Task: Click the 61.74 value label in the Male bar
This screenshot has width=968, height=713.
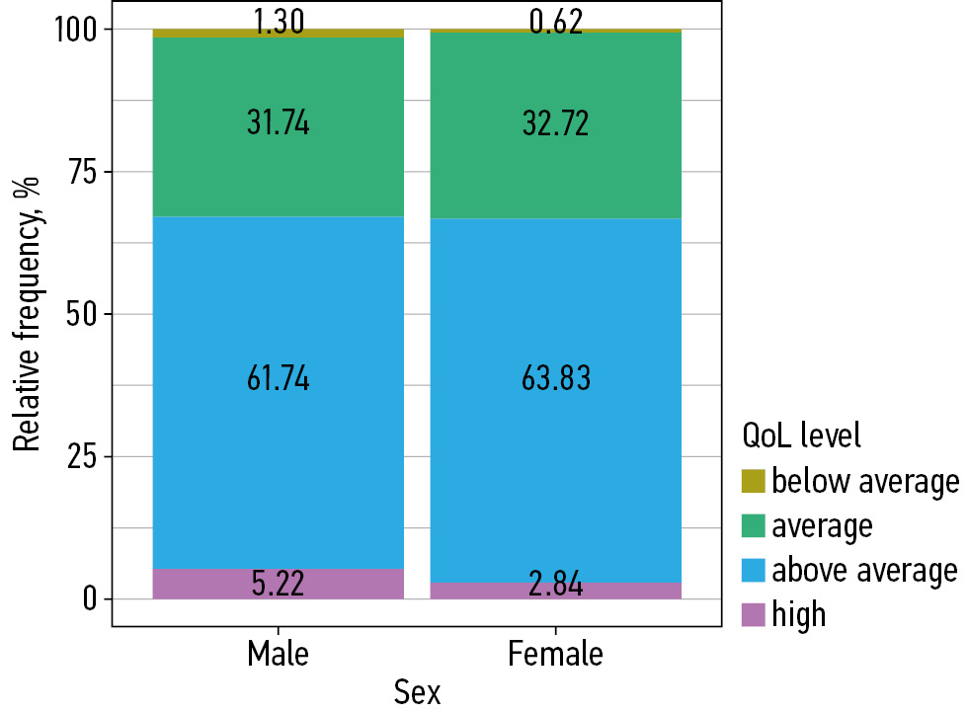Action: point(279,378)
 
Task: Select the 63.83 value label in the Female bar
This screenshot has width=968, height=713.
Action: point(556,378)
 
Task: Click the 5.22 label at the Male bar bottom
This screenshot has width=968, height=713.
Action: point(279,584)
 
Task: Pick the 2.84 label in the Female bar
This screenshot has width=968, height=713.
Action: point(556,585)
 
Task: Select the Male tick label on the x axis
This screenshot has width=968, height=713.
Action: point(279,654)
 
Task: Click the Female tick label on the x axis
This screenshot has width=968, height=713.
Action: point(556,654)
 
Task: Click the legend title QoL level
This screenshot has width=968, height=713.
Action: point(801,435)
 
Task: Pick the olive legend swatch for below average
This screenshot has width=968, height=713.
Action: point(753,482)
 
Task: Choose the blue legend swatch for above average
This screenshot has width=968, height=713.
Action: point(753,571)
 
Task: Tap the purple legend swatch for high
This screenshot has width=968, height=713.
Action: point(753,615)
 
